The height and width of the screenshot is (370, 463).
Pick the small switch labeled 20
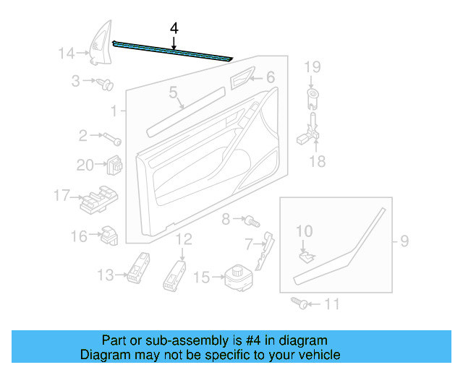[x=114, y=165]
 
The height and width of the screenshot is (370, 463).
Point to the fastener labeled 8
[x=250, y=218]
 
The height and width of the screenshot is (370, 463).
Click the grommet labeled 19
[x=312, y=93]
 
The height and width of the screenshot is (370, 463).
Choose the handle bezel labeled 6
[x=241, y=80]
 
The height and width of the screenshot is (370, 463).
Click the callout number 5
[x=174, y=92]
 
